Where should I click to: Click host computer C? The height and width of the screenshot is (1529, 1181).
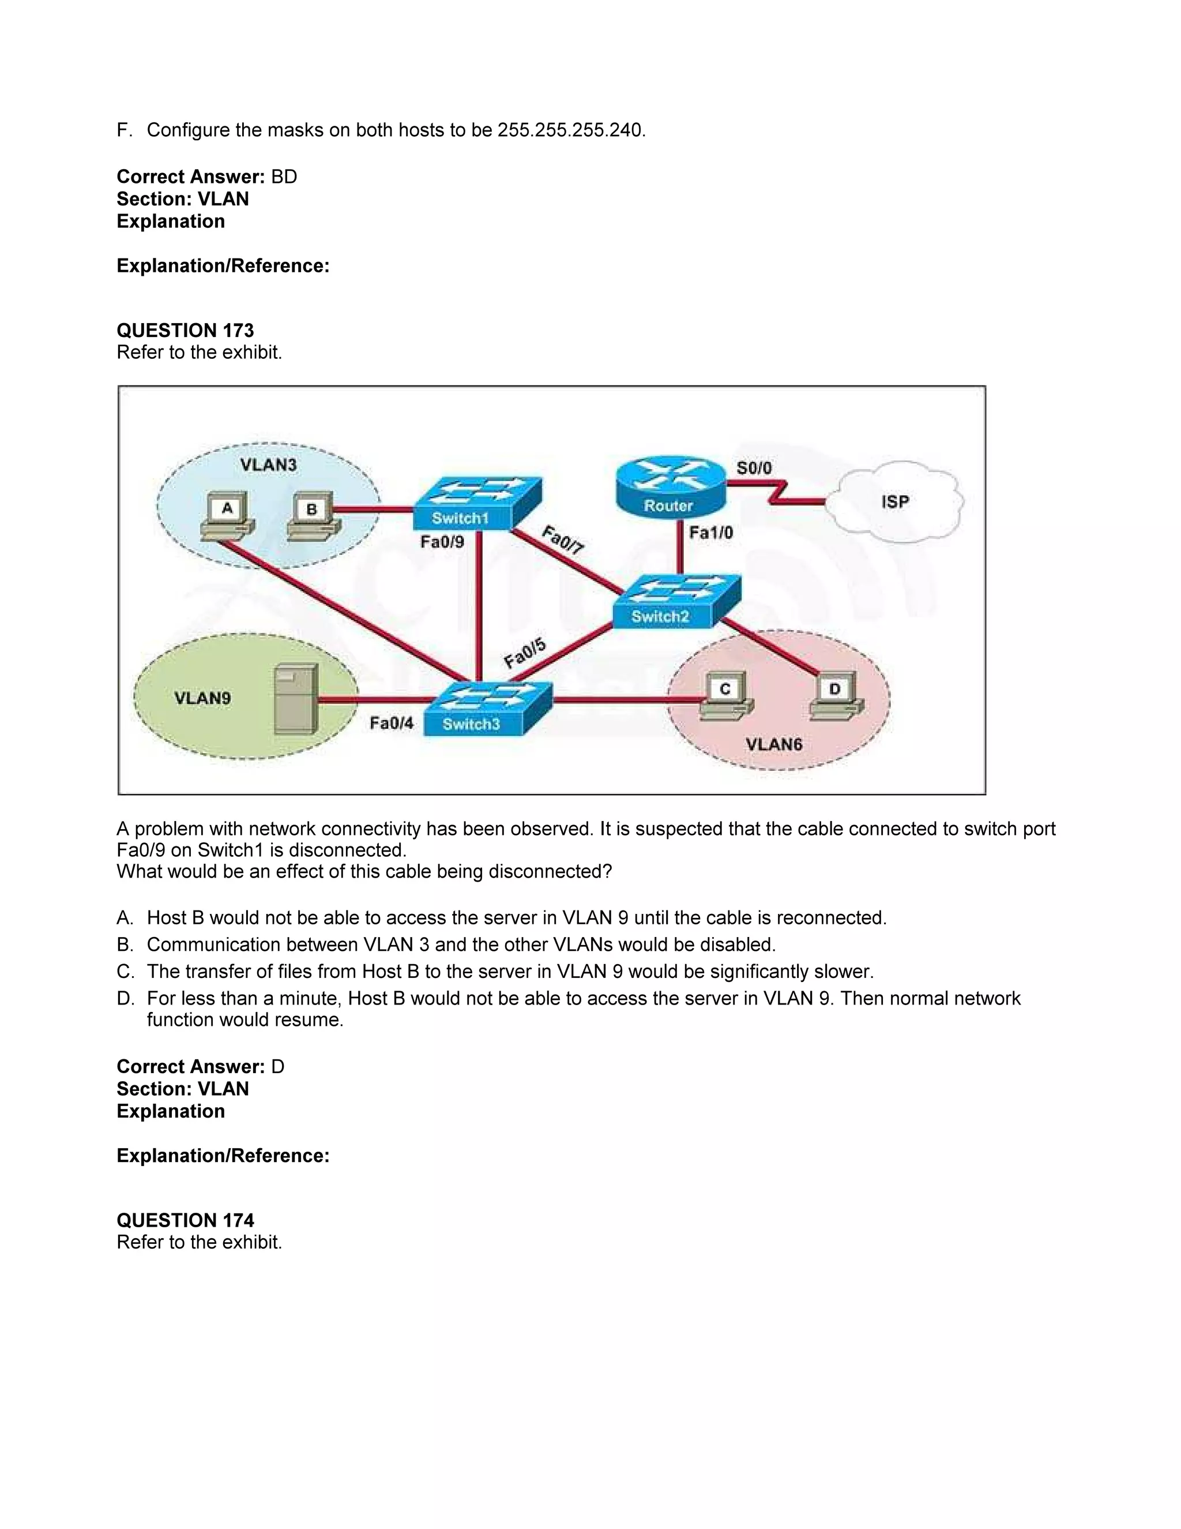725,695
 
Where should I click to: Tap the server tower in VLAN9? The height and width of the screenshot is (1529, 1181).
296,699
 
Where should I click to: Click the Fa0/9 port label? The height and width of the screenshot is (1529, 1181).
442,541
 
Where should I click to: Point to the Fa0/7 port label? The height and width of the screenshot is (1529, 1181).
562,541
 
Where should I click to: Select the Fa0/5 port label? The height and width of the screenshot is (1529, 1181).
525,653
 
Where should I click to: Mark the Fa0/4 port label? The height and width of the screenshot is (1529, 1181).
391,722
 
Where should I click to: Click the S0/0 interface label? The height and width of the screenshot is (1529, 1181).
754,468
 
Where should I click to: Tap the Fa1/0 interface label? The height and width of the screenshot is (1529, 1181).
711,533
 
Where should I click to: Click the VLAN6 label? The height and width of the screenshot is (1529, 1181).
774,744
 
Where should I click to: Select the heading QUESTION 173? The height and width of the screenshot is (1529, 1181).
186,331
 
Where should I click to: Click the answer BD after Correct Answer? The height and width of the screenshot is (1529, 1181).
284,177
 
